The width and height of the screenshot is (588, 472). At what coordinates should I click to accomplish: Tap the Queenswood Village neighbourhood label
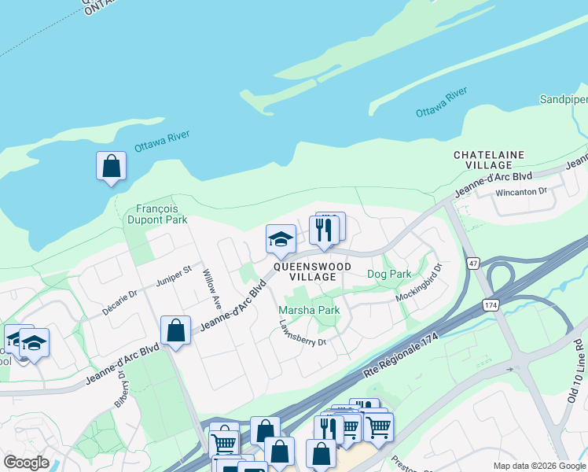(314, 271)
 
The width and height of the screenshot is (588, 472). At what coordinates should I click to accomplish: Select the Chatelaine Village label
(489, 161)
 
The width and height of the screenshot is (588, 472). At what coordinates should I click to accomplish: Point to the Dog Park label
(389, 274)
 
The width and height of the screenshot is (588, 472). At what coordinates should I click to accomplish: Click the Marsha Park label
(309, 310)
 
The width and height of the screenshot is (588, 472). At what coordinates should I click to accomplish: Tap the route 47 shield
(472, 264)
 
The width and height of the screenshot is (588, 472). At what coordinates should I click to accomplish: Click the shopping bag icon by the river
(111, 166)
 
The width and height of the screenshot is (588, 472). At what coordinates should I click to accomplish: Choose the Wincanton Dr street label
(520, 191)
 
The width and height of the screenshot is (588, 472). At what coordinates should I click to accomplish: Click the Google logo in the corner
(26, 463)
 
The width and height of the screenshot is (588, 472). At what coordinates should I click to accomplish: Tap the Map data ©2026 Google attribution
(539, 466)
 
